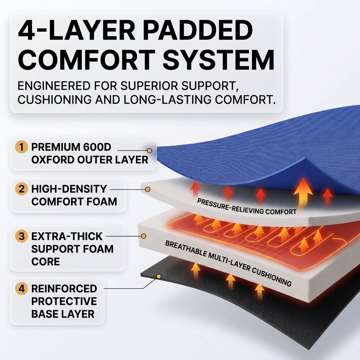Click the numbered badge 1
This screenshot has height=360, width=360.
coord(22,147)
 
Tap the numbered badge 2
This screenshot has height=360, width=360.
coord(22,189)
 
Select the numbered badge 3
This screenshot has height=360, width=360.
coord(22,236)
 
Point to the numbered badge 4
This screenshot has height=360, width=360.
coord(22,288)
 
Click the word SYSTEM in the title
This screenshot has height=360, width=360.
coord(218,60)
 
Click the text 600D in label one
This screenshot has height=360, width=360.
coord(97,147)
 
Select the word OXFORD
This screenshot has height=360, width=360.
coord(53,160)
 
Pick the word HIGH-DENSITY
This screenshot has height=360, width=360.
coord(69,189)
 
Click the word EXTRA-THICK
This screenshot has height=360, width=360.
coord(67,236)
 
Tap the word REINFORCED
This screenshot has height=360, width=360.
coord(64,288)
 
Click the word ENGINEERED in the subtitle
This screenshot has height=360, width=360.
coord(54,86)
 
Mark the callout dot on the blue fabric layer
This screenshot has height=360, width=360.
coord(149,151)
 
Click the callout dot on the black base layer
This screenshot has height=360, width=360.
coord(159,276)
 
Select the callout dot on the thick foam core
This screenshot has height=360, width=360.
coord(144,236)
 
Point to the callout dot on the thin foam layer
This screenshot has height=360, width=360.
coord(148,189)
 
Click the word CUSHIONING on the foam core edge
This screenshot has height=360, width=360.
coord(272,277)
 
